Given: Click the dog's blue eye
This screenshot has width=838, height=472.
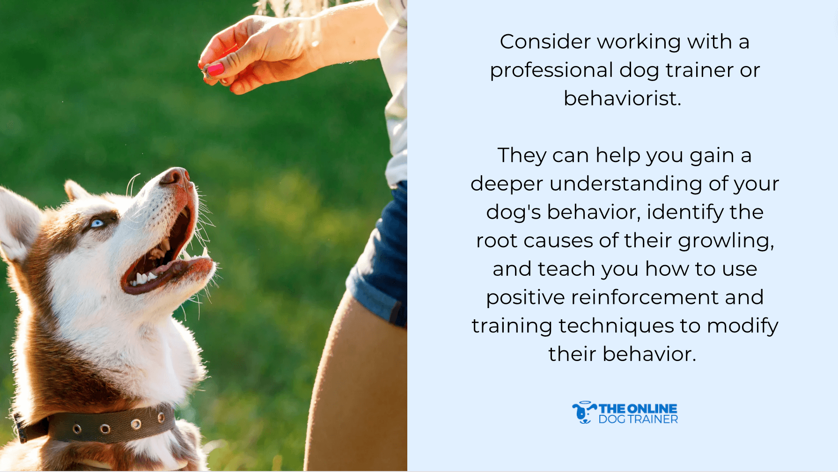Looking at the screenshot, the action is click(97, 223).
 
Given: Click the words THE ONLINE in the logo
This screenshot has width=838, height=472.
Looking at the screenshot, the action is click(638, 409).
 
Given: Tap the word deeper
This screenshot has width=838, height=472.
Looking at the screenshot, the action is click(507, 184).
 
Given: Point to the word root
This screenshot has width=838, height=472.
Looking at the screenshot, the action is click(496, 241).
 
